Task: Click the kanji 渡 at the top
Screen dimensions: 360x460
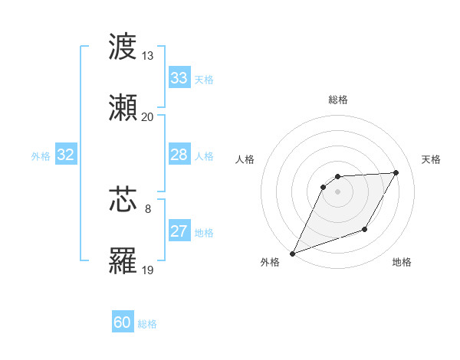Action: pos(123,47)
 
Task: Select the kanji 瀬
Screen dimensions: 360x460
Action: pos(123,106)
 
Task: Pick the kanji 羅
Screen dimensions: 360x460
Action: pos(123,260)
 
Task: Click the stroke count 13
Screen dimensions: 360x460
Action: pos(147,56)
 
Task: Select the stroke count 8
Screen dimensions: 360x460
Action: pos(148,208)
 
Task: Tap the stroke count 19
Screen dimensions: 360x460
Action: pos(147,270)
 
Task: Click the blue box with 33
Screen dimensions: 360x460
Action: pos(179,78)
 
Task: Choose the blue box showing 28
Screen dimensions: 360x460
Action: pos(179,155)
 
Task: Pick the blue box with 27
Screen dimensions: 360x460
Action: pos(179,231)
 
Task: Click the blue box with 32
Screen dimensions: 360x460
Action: pos(66,155)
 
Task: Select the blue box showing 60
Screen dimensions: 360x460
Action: pos(123,322)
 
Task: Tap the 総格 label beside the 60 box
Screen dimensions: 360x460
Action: pos(147,324)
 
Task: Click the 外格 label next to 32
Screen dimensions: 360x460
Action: pos(41,155)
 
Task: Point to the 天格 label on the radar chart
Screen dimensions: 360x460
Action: pos(432,159)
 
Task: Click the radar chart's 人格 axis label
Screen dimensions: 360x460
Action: pos(245,159)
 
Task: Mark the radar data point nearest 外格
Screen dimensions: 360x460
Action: pos(292,253)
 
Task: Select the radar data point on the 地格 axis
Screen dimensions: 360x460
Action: pos(366,229)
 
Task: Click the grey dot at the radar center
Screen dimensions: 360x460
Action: pos(337,191)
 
